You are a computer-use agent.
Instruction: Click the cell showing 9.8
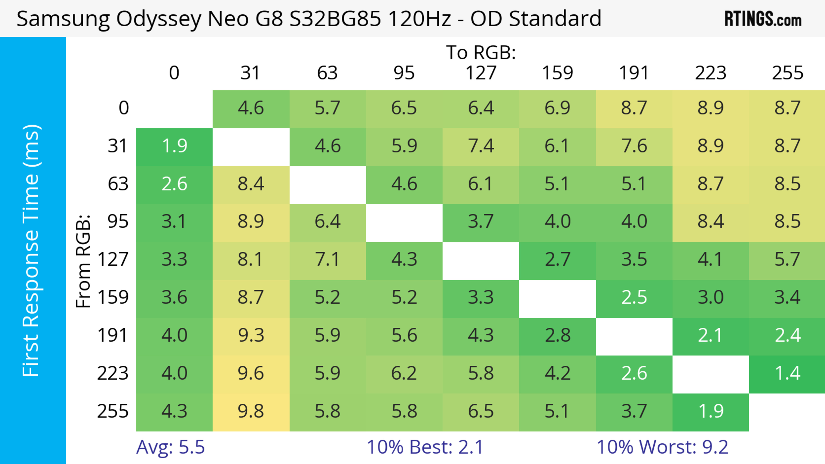[251, 412]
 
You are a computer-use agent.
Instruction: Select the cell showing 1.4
[787, 373]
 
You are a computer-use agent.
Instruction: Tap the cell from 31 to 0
[174, 146]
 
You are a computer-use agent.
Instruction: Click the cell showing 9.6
[251, 373]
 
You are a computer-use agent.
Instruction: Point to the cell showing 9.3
[251, 336]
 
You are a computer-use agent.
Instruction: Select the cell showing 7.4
[481, 146]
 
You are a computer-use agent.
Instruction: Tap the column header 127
[481, 73]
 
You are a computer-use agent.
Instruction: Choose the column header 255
[787, 73]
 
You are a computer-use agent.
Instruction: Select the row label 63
[118, 184]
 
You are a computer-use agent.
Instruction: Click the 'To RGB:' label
[481, 53]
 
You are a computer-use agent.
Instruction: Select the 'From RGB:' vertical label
[83, 261]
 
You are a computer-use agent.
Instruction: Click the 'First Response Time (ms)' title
[31, 250]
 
